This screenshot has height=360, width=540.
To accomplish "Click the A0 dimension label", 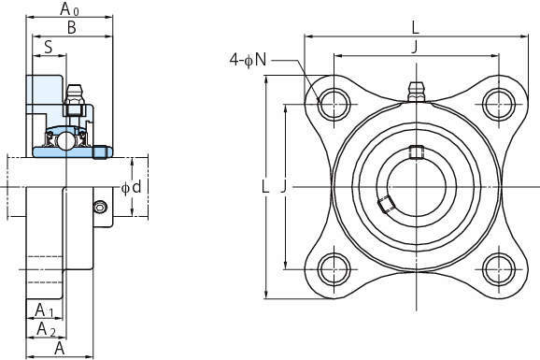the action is tap(69, 9).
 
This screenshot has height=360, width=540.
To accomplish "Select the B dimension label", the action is tap(72, 28).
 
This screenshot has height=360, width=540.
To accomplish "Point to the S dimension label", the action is tap(49, 47).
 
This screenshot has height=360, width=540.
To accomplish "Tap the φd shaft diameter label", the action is tap(132, 187).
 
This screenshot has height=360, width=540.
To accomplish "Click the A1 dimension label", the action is tap(45, 310).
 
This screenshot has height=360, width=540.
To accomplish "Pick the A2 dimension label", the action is tap(46, 329).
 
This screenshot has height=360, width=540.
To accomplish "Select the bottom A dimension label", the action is tap(60, 349).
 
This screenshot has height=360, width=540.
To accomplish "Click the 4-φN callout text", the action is tap(248, 61).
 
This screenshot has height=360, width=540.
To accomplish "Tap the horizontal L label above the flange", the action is tap(416, 28).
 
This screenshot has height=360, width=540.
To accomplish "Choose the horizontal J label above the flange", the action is tap(416, 47).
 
